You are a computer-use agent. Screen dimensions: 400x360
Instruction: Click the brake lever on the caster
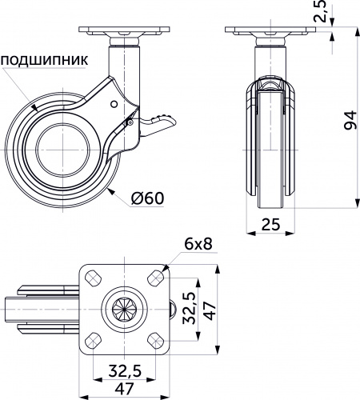pos(160,122)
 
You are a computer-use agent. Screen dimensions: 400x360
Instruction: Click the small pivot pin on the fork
pos(115,103)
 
